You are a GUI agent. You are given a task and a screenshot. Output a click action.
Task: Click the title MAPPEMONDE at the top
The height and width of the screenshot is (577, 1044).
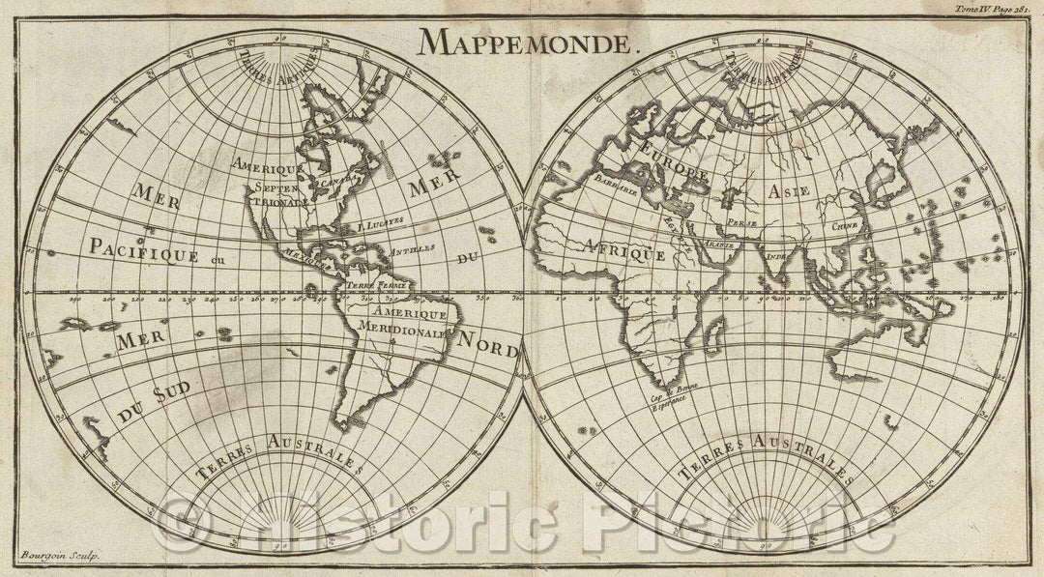[528, 41]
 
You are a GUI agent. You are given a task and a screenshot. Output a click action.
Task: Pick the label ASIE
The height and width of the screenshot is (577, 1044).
[790, 192]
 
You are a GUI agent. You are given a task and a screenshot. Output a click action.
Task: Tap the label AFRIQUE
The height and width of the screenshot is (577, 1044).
[623, 250]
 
